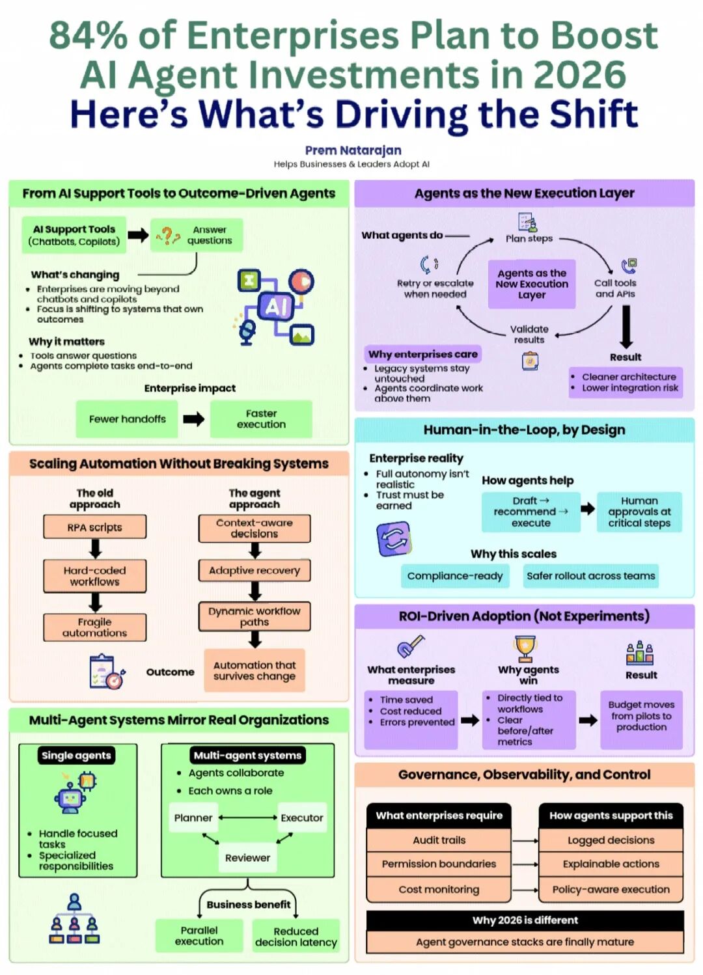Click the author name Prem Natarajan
(x=353, y=150)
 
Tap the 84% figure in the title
(x=88, y=36)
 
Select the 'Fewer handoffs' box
(x=128, y=419)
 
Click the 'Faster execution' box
(x=261, y=419)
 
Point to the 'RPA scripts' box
(x=95, y=527)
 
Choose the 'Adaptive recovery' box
(x=255, y=571)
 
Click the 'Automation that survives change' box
(x=255, y=671)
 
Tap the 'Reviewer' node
(x=247, y=858)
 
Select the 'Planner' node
(x=193, y=817)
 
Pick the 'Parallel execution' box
(x=199, y=936)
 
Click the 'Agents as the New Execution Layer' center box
(x=532, y=284)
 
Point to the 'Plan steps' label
(x=529, y=239)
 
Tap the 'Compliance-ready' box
(x=454, y=576)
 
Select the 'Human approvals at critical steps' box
(x=639, y=512)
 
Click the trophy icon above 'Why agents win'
(x=524, y=648)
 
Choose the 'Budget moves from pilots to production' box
(x=641, y=716)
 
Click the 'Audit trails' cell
(x=439, y=840)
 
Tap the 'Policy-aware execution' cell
(x=611, y=890)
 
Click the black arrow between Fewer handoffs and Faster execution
(x=193, y=419)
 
